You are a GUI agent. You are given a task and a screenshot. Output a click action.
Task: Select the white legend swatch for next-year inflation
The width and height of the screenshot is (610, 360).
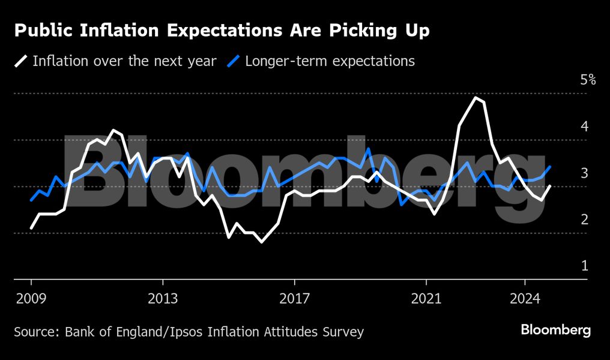click(22, 61)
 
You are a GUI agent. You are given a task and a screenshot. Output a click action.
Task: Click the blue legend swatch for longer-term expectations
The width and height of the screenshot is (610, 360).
click(234, 61)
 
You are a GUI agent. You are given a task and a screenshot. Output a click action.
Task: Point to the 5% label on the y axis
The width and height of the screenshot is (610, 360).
click(588, 80)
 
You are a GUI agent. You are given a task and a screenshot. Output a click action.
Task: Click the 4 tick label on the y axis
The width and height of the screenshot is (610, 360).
click(584, 127)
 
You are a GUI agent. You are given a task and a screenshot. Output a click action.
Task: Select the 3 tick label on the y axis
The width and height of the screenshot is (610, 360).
click(584, 173)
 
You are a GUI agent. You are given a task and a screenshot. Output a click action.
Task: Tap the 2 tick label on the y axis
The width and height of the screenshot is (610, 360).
click(584, 220)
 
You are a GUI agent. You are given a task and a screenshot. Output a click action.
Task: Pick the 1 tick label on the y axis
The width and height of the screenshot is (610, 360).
click(584, 266)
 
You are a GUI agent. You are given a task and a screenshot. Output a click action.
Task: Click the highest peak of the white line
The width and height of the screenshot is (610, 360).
click(476, 97)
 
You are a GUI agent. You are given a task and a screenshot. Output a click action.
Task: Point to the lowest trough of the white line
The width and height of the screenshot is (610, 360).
click(261, 242)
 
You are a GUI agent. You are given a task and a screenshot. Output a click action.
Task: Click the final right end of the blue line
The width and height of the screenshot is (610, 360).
click(550, 167)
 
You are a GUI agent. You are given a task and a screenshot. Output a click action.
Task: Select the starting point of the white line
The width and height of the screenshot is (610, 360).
click(31, 228)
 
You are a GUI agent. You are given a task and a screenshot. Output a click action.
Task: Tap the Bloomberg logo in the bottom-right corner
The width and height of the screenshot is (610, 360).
click(555, 330)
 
